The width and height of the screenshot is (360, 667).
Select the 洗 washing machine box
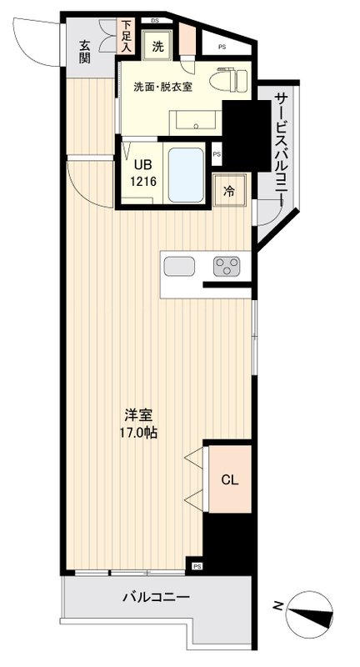pos(157,48)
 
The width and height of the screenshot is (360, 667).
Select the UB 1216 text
pos(140,173)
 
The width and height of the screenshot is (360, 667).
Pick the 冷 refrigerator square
pos(228,190)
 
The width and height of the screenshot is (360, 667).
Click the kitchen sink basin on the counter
pos(179,267)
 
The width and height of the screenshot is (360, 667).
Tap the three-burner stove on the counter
pos(225,267)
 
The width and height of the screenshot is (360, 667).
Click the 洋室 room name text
pos(137,414)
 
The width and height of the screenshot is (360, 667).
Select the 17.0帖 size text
pos(137,433)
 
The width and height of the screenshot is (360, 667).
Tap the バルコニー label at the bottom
pos(156,598)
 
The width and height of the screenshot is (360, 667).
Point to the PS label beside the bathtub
pos(217,154)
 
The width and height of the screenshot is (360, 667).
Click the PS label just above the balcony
pos(197,566)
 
